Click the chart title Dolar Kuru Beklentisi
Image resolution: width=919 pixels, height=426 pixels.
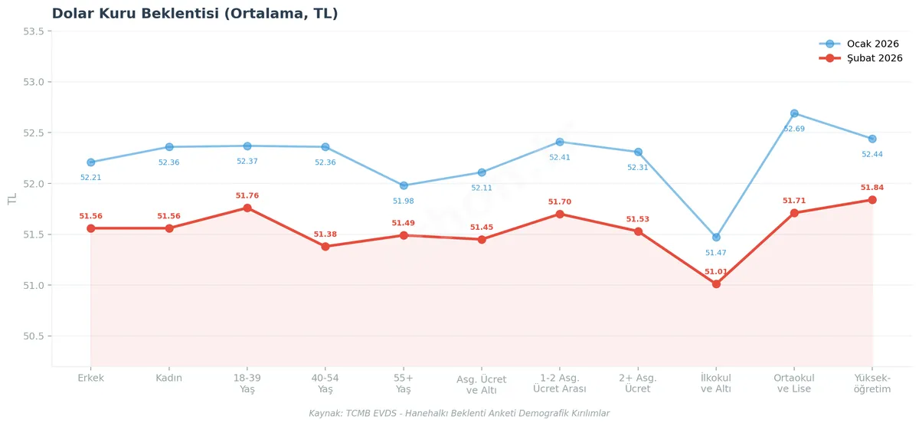195,14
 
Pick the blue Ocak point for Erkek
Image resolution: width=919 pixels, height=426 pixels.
91,162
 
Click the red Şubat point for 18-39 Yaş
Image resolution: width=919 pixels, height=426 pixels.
247,208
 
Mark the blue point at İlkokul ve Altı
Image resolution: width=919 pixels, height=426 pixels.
716,238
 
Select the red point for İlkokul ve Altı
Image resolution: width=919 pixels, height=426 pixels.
716,284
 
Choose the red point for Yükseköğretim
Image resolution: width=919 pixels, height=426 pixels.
872,200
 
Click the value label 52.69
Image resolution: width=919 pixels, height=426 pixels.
794,129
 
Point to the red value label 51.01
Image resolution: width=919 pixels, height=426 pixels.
716,271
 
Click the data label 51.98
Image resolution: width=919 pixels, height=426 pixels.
404,201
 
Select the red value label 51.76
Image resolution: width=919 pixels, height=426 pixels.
247,195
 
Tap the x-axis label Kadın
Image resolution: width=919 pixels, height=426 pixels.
169,378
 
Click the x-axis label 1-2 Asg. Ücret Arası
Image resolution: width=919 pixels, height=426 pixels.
560,383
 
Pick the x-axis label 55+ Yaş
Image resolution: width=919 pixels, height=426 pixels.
404,383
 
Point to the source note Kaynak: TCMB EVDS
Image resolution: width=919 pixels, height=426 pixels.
459,414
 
